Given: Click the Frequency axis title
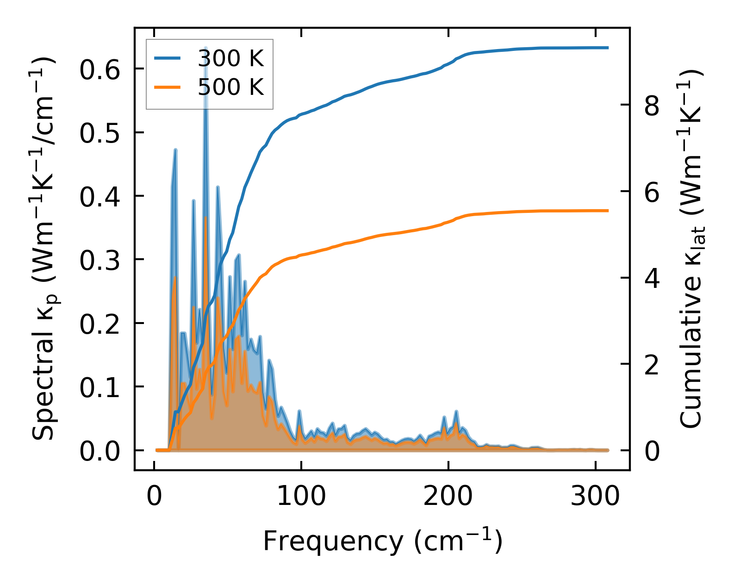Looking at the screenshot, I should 382,541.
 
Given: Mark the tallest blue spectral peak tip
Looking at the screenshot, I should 205,48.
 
